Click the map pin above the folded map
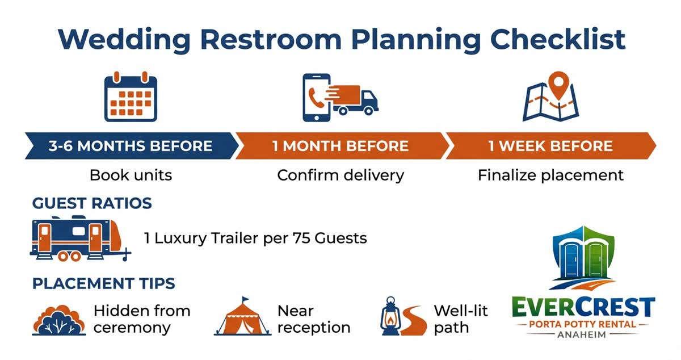561,83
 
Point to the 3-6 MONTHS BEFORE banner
130,146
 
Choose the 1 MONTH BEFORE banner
340,146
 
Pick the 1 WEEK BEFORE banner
550,146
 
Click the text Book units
131,175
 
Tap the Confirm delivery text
340,175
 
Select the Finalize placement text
550,175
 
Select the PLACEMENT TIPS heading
104,283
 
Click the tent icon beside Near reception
242,318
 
